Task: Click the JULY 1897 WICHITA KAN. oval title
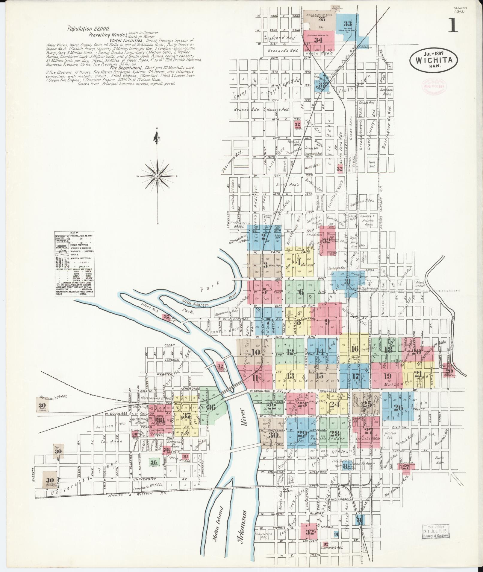click(433, 60)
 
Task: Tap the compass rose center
click(157, 176)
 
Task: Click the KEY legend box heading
click(74, 233)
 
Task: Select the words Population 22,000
click(88, 29)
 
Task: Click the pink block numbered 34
click(318, 40)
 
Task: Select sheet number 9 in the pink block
click(327, 322)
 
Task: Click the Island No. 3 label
click(149, 307)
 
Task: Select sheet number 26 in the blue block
click(399, 408)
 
